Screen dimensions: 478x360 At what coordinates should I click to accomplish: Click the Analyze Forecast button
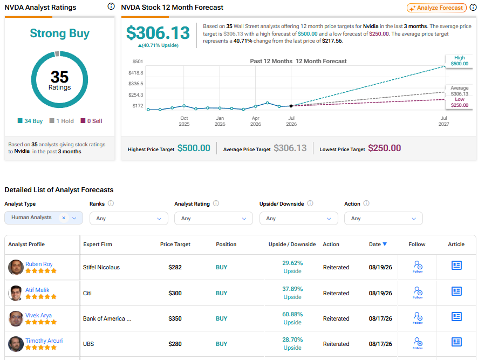[436, 8]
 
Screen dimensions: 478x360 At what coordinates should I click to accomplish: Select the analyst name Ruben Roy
[39, 264]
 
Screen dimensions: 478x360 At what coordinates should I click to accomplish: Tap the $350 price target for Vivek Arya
[175, 318]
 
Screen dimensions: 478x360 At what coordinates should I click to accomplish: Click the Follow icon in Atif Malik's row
[418, 293]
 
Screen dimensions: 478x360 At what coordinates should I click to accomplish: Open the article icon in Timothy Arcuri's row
[456, 342]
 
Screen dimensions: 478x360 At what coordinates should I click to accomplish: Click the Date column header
[378, 244]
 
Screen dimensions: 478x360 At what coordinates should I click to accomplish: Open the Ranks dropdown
[128, 219]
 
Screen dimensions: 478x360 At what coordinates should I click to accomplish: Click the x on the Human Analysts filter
[64, 218]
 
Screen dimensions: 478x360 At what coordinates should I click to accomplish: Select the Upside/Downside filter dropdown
[298, 219]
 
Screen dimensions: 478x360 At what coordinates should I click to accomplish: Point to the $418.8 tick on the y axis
[135, 73]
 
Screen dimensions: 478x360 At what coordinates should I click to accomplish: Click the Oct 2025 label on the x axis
[184, 121]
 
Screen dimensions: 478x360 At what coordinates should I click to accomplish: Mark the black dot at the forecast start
[291, 106]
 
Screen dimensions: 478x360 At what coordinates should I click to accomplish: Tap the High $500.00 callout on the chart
[460, 60]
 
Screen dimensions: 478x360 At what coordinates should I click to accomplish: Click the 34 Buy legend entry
[30, 121]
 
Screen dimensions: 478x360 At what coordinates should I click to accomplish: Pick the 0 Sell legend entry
[92, 121]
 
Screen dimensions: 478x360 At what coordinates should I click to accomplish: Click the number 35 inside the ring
[59, 77]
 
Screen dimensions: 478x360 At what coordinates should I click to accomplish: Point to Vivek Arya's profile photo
[16, 318]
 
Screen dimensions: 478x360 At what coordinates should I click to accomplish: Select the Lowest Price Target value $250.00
[385, 148]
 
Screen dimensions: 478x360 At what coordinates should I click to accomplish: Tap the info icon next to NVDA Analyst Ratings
[111, 6]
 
